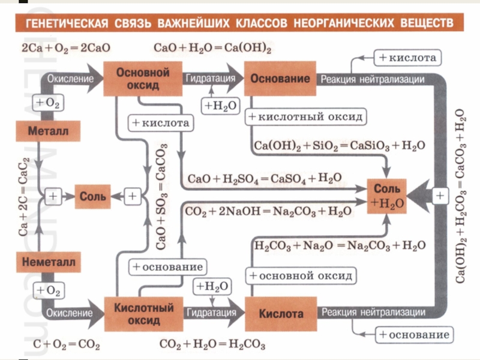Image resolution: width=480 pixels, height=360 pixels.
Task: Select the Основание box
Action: (x=280, y=79)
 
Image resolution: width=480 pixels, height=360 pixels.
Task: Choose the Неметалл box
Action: (x=47, y=263)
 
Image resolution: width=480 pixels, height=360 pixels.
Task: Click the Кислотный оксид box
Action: (x=143, y=314)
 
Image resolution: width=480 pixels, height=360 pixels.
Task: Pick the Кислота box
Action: (x=281, y=314)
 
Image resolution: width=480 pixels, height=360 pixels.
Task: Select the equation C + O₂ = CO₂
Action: (x=66, y=345)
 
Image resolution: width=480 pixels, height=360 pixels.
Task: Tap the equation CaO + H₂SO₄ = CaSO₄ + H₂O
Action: (x=265, y=179)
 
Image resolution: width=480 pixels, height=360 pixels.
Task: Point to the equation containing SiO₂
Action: (x=340, y=146)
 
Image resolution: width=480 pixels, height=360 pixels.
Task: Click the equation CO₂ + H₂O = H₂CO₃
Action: (x=213, y=345)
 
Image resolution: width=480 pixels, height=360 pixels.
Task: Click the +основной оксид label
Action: (x=301, y=276)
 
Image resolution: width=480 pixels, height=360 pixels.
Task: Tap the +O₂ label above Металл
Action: (x=47, y=103)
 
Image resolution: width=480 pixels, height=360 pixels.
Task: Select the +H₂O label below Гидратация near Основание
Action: (x=220, y=106)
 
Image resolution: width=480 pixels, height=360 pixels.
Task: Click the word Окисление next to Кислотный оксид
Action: (x=71, y=313)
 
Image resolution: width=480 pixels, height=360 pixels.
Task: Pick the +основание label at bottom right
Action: (x=414, y=334)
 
